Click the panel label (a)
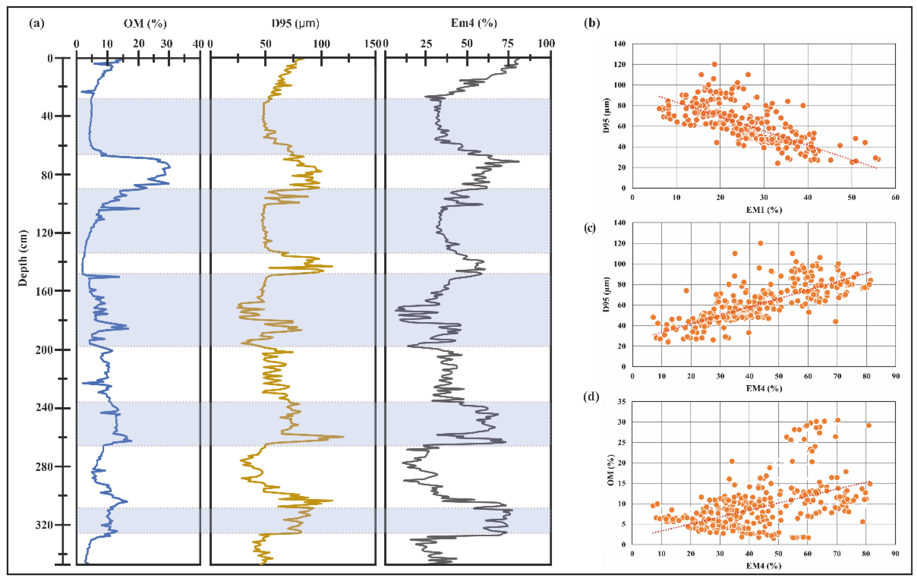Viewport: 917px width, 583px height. (37, 24)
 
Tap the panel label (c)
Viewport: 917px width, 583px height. (590, 228)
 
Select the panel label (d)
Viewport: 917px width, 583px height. (591, 397)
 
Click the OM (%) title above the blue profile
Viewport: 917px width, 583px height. (145, 24)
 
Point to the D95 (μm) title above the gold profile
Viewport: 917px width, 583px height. (295, 24)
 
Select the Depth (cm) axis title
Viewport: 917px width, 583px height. (23, 258)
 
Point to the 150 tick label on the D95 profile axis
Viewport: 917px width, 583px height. (372, 44)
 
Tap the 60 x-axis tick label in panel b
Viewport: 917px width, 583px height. (895, 197)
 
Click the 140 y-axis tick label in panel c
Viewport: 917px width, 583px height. (620, 223)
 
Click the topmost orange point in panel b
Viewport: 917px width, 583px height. (715, 64)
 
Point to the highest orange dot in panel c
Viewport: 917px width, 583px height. (760, 243)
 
